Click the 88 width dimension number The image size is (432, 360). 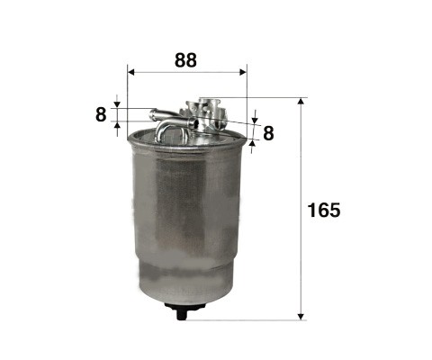point(185,60)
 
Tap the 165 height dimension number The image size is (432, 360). point(324,210)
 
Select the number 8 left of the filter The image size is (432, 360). point(101,114)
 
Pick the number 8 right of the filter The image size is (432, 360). point(268,133)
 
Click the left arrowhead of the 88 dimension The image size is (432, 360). point(131,72)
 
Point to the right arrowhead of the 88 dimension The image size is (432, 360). point(243,72)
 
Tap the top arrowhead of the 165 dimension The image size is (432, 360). point(301,101)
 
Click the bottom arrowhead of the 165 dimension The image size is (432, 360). point(301,317)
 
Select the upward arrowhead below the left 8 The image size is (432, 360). point(117,125)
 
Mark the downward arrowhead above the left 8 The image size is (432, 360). point(117,104)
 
